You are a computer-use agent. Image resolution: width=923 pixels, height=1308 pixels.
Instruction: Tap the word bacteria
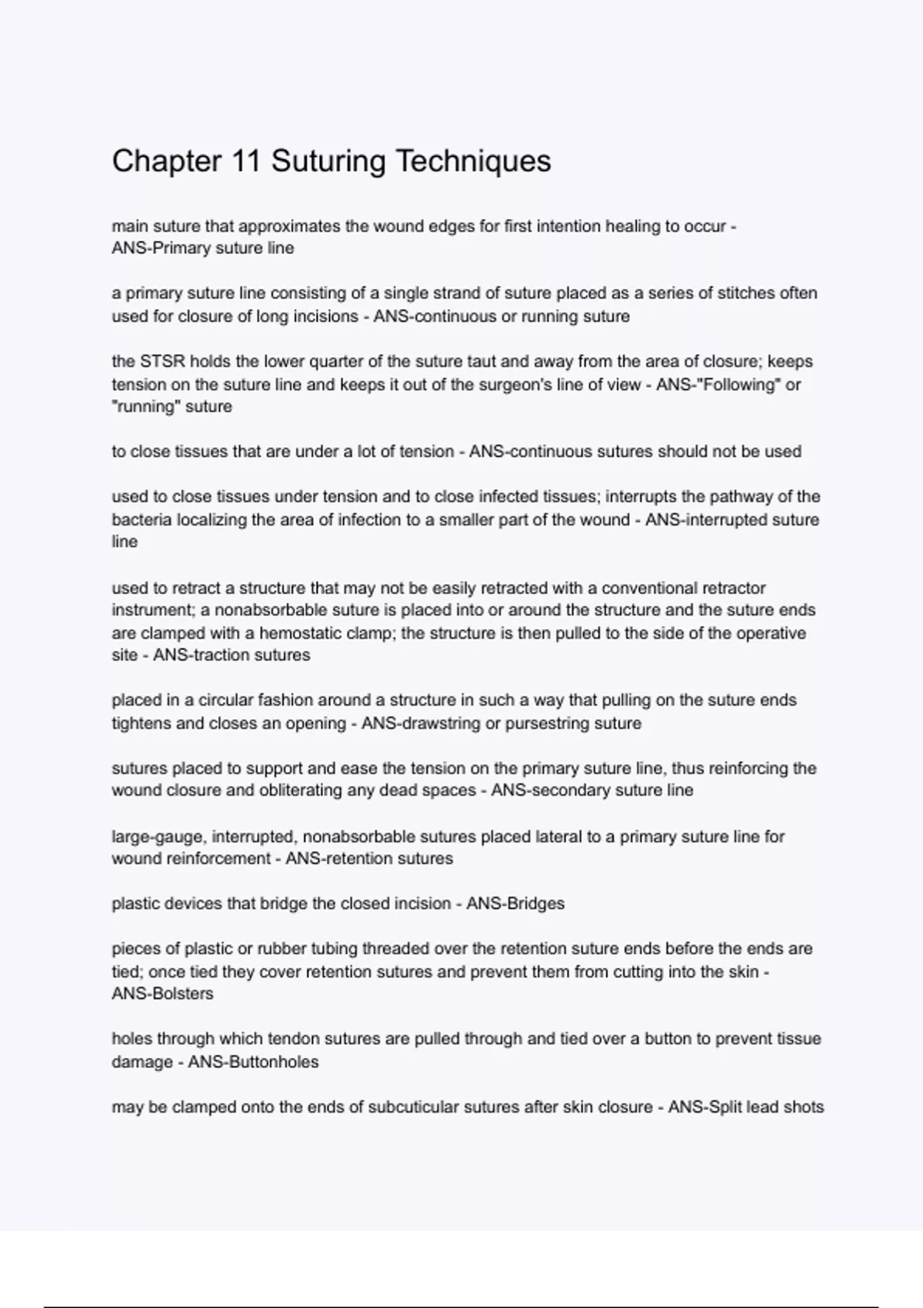pos(142,520)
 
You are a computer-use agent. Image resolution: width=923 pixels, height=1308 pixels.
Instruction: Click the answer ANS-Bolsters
pos(162,994)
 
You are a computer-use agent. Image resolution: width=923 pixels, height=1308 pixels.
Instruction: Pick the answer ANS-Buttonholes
pos(253,1062)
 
